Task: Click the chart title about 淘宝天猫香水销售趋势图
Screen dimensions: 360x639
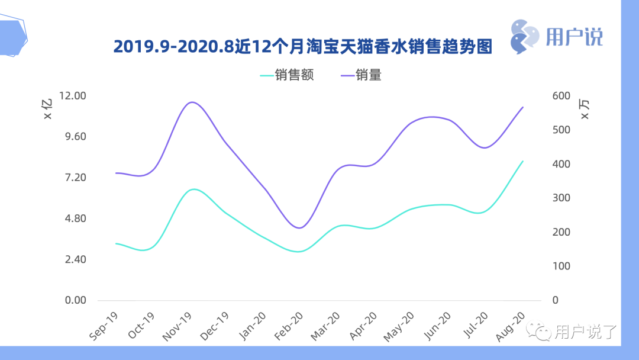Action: tap(302, 47)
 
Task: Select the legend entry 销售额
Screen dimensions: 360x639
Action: tap(287, 75)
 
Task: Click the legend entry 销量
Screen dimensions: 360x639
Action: tap(361, 75)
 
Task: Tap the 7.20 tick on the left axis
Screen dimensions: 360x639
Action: tap(75, 178)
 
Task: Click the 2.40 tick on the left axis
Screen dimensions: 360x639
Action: tap(75, 259)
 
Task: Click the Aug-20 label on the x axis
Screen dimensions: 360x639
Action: tap(510, 325)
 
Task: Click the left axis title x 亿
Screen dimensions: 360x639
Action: tap(49, 109)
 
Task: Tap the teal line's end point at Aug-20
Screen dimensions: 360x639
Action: tap(523, 161)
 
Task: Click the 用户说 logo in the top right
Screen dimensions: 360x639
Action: tap(556, 34)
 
